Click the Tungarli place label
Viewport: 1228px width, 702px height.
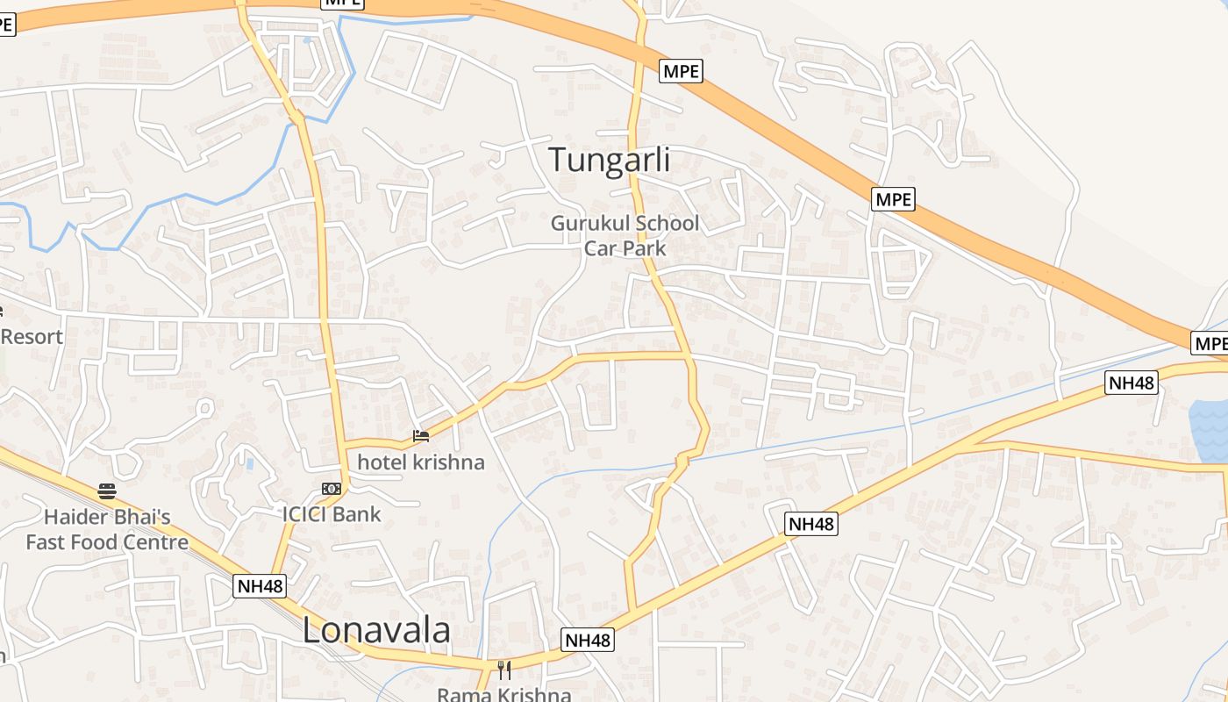click(x=609, y=160)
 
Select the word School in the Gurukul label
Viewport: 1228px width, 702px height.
click(x=668, y=224)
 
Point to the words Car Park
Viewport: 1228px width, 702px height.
click(x=625, y=248)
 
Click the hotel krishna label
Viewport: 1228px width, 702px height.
click(x=420, y=462)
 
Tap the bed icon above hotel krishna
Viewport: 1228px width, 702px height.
click(x=421, y=435)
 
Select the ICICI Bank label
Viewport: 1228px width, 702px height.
click(x=332, y=514)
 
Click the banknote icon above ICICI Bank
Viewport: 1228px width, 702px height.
click(x=331, y=489)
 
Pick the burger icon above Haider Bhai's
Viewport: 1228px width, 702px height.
click(x=107, y=491)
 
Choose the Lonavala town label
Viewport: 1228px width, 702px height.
click(x=376, y=630)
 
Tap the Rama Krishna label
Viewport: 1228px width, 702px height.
click(x=503, y=695)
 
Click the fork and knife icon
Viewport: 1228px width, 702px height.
click(x=504, y=670)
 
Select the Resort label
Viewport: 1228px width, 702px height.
click(x=32, y=337)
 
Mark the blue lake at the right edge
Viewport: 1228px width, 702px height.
click(x=1210, y=430)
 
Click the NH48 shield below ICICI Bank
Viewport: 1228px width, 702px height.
click(x=260, y=585)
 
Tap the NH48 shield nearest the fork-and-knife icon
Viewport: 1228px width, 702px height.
click(x=587, y=640)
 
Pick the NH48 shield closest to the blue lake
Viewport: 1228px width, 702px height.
click(x=1131, y=382)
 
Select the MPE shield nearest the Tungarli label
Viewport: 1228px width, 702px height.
click(x=682, y=71)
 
